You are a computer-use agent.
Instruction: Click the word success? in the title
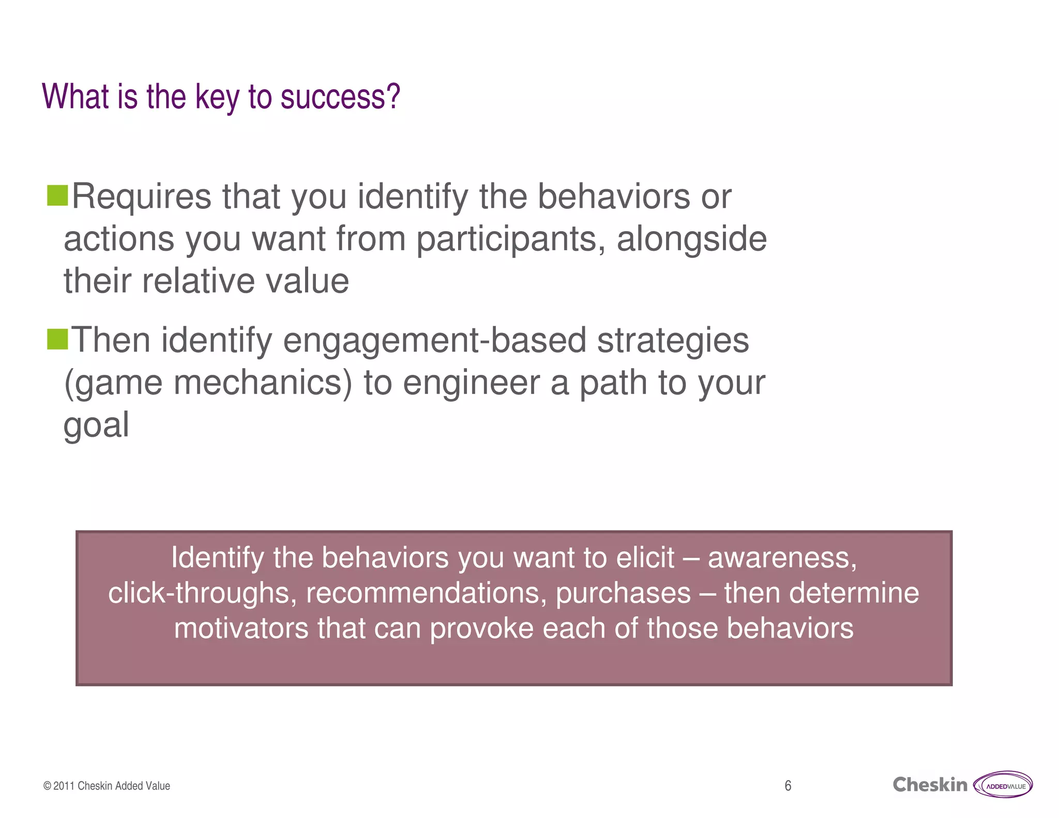click(x=340, y=97)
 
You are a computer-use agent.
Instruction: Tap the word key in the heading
click(x=217, y=97)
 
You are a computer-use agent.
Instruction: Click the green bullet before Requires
click(x=57, y=195)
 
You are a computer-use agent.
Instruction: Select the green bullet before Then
click(x=57, y=339)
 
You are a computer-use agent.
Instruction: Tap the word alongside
click(x=691, y=239)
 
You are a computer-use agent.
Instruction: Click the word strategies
click(x=673, y=341)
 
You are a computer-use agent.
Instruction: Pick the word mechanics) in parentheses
click(x=262, y=383)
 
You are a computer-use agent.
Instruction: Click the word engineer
click(x=471, y=383)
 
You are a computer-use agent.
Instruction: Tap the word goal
click(x=96, y=426)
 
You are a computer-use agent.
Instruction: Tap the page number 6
click(x=788, y=786)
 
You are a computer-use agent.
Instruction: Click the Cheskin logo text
click(x=929, y=785)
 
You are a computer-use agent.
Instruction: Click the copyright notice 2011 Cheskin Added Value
click(x=107, y=786)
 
